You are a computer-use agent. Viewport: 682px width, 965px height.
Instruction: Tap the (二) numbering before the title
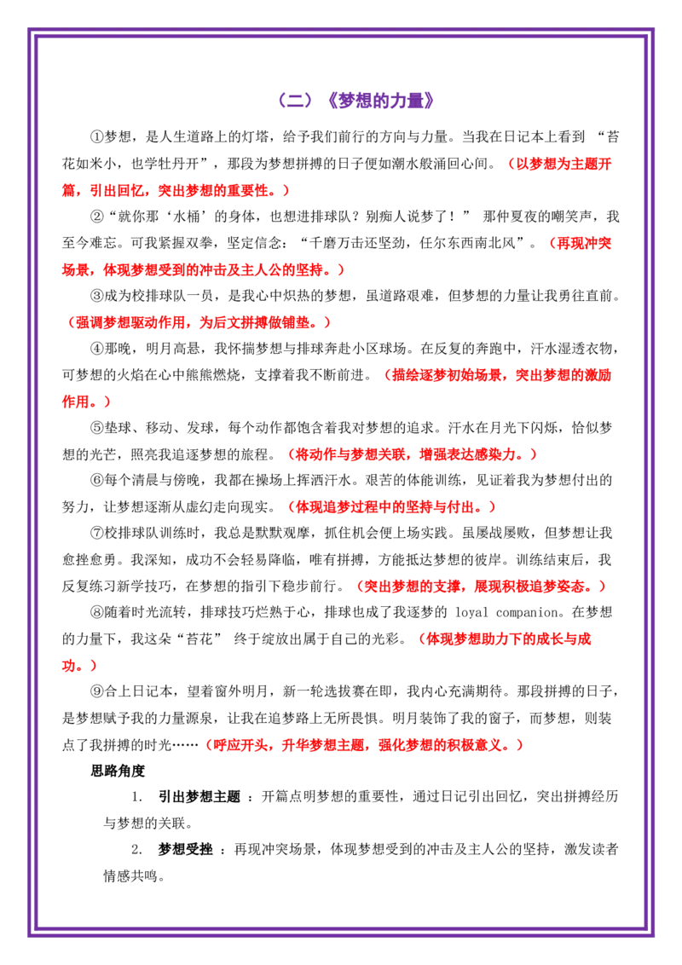(296, 101)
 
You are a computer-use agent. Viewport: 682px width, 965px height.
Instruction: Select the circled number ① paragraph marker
(97, 136)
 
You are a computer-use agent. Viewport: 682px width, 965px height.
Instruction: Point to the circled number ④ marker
(97, 349)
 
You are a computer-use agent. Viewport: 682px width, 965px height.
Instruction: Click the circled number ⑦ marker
(97, 533)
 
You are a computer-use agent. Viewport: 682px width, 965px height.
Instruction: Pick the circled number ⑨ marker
(97, 691)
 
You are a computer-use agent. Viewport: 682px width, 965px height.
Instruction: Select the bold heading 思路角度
(118, 771)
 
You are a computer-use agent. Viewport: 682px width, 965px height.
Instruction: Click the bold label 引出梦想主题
(199, 797)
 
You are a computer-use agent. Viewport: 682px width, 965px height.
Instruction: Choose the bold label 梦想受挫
(185, 850)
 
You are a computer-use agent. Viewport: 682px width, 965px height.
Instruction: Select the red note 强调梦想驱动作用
(130, 322)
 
